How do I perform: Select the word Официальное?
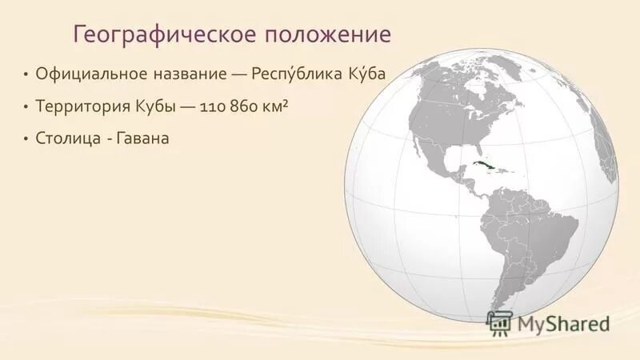click(91, 74)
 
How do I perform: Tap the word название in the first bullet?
click(188, 74)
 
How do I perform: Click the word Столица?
click(66, 138)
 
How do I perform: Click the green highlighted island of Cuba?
click(483, 166)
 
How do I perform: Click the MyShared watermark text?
click(564, 324)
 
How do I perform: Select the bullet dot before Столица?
click(26, 138)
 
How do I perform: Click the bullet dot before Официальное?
click(26, 74)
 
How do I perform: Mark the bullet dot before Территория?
click(26, 106)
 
